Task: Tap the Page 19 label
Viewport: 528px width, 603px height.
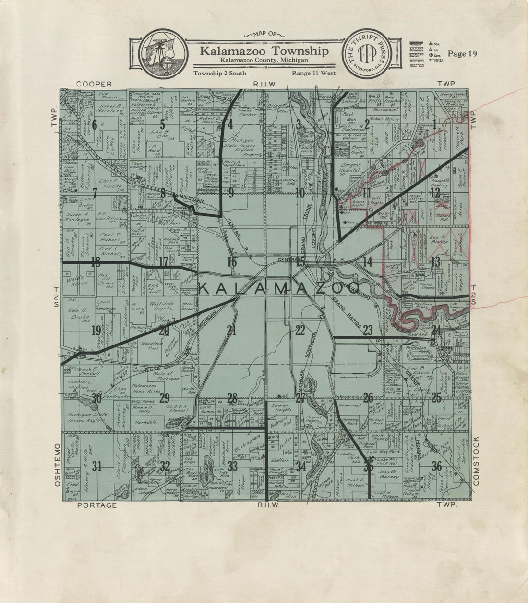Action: click(x=462, y=53)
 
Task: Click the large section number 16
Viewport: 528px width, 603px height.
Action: click(x=232, y=262)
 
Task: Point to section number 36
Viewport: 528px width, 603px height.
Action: click(x=436, y=466)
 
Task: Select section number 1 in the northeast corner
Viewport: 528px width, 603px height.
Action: click(x=435, y=125)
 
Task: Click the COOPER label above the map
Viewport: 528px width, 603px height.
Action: click(x=94, y=84)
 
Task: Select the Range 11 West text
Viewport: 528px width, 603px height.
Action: click(x=313, y=74)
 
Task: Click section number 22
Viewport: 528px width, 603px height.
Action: click(x=300, y=330)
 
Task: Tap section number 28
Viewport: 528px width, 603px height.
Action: click(x=232, y=398)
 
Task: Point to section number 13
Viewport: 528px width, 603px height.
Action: click(x=435, y=262)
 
